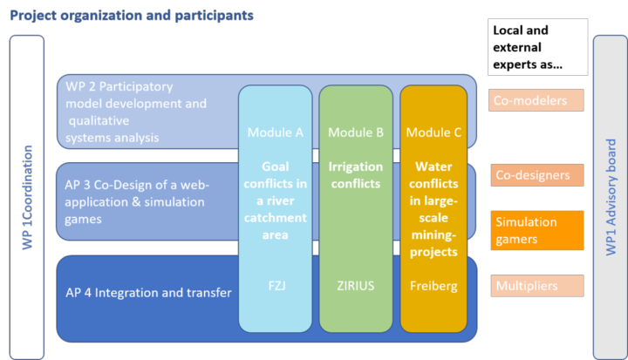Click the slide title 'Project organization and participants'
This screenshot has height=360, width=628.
click(132, 16)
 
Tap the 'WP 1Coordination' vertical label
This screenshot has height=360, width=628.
click(27, 197)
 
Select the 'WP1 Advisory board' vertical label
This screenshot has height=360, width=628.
click(611, 197)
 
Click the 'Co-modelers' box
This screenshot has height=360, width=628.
click(536, 100)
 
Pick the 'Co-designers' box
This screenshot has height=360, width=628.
click(537, 175)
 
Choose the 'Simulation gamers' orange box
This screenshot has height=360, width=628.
click(537, 230)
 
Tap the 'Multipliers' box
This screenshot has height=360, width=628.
click(537, 286)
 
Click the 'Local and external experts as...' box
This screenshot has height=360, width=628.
click(538, 47)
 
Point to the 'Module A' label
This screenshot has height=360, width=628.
click(275, 132)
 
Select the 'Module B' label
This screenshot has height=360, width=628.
click(356, 132)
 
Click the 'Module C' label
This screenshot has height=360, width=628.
click(433, 132)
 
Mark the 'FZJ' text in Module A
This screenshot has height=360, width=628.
click(276, 286)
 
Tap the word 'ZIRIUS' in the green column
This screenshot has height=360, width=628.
click(356, 286)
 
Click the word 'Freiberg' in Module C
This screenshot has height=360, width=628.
click(433, 286)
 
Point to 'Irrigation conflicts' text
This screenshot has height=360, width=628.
click(356, 175)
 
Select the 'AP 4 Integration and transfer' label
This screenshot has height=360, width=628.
click(148, 293)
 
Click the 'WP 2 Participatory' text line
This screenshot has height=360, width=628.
click(119, 86)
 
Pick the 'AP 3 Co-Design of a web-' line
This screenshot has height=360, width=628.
click(137, 185)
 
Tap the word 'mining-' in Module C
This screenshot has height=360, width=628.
click(433, 235)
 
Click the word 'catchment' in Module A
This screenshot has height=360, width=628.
click(276, 218)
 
